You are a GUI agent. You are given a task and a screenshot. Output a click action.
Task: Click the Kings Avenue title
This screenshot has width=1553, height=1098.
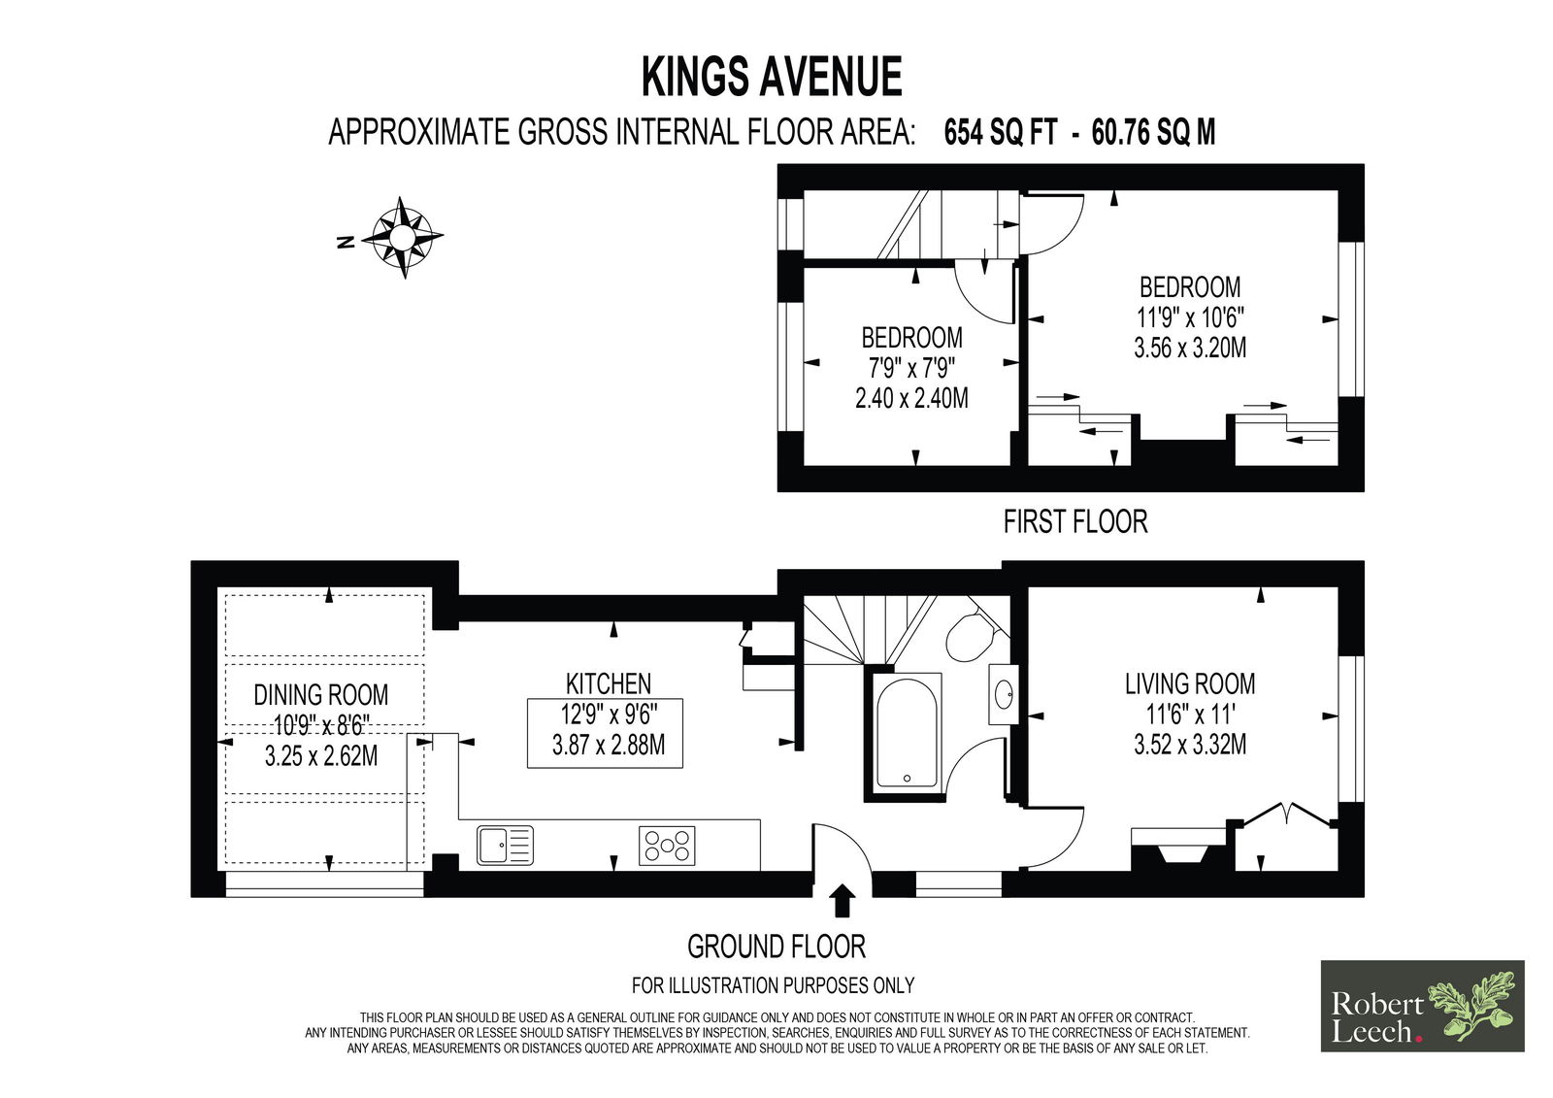point(772,77)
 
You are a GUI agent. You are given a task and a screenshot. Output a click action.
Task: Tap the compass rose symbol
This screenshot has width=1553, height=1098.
point(401,237)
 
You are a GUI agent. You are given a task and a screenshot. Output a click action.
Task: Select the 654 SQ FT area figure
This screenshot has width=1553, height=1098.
point(1001,132)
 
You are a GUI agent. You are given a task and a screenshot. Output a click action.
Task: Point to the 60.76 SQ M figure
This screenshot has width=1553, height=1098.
point(1153,132)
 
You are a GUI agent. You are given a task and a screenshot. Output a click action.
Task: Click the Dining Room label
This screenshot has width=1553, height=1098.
point(321,694)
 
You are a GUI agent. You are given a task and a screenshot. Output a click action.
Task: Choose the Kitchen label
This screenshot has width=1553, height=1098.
point(609,683)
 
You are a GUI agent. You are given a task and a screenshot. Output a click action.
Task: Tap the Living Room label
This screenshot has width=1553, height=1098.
point(1190,683)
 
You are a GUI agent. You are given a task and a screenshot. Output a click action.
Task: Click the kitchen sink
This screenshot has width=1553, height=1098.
point(505,845)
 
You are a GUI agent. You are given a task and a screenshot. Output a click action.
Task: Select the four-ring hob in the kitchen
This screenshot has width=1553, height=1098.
point(666,846)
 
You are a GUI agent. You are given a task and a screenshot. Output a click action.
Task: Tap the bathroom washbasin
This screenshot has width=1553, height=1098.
point(1004,693)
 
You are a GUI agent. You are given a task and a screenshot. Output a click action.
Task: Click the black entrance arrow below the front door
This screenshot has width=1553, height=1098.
point(843,900)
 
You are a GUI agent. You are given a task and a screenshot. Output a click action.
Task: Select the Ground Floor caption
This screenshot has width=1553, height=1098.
point(776,947)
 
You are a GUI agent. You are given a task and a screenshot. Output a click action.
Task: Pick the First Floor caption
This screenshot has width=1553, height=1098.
point(1075,521)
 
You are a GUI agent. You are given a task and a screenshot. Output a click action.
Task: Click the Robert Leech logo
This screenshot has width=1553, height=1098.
point(1422,1006)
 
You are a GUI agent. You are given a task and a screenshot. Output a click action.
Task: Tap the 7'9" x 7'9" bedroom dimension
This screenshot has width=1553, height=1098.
point(911,368)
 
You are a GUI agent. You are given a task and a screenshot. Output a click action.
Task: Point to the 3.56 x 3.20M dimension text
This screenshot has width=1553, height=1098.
point(1190,348)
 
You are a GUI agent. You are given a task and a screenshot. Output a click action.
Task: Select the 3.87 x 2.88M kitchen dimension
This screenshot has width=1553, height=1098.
point(608,745)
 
